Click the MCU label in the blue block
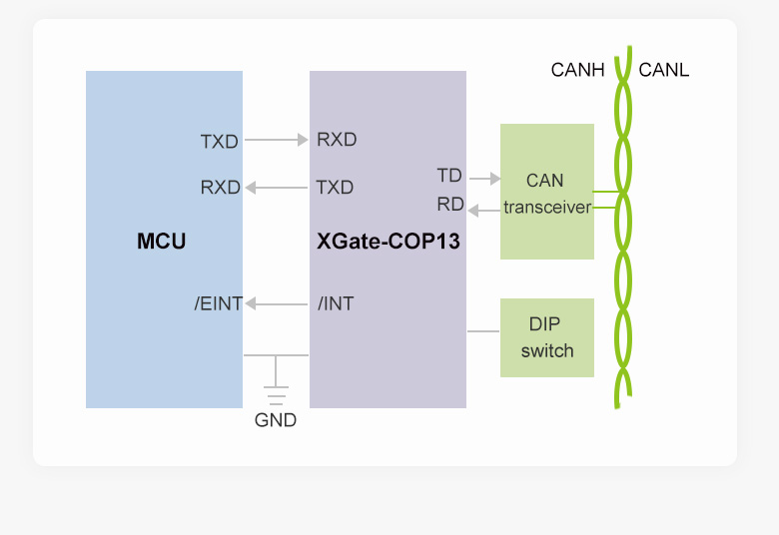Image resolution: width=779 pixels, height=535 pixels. (x=161, y=242)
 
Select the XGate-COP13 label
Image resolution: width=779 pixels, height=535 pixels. (x=389, y=242)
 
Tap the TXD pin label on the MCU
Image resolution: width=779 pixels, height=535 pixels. (x=219, y=142)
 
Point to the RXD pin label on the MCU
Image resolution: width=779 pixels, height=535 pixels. (x=220, y=188)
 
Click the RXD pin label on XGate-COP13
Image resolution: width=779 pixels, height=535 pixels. (x=337, y=140)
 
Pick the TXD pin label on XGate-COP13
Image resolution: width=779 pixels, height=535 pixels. (x=335, y=188)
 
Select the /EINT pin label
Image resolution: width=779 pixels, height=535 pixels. (x=219, y=303)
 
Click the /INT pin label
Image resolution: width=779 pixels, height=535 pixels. (x=336, y=303)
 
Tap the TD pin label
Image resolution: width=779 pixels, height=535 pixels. (x=449, y=176)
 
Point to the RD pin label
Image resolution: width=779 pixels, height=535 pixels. (x=450, y=204)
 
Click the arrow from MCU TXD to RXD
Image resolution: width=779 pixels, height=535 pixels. (x=277, y=140)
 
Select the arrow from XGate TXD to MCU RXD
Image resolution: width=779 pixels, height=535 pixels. (x=277, y=188)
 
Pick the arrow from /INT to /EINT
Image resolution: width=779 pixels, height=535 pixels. (x=277, y=303)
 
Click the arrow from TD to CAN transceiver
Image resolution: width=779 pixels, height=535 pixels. (x=485, y=179)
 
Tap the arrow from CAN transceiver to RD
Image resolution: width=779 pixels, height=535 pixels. (x=484, y=211)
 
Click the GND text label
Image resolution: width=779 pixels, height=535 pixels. (x=276, y=420)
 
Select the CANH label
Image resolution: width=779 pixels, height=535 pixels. (x=578, y=70)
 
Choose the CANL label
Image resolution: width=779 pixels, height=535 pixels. (x=664, y=70)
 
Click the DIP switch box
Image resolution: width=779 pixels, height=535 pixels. (x=547, y=337)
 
